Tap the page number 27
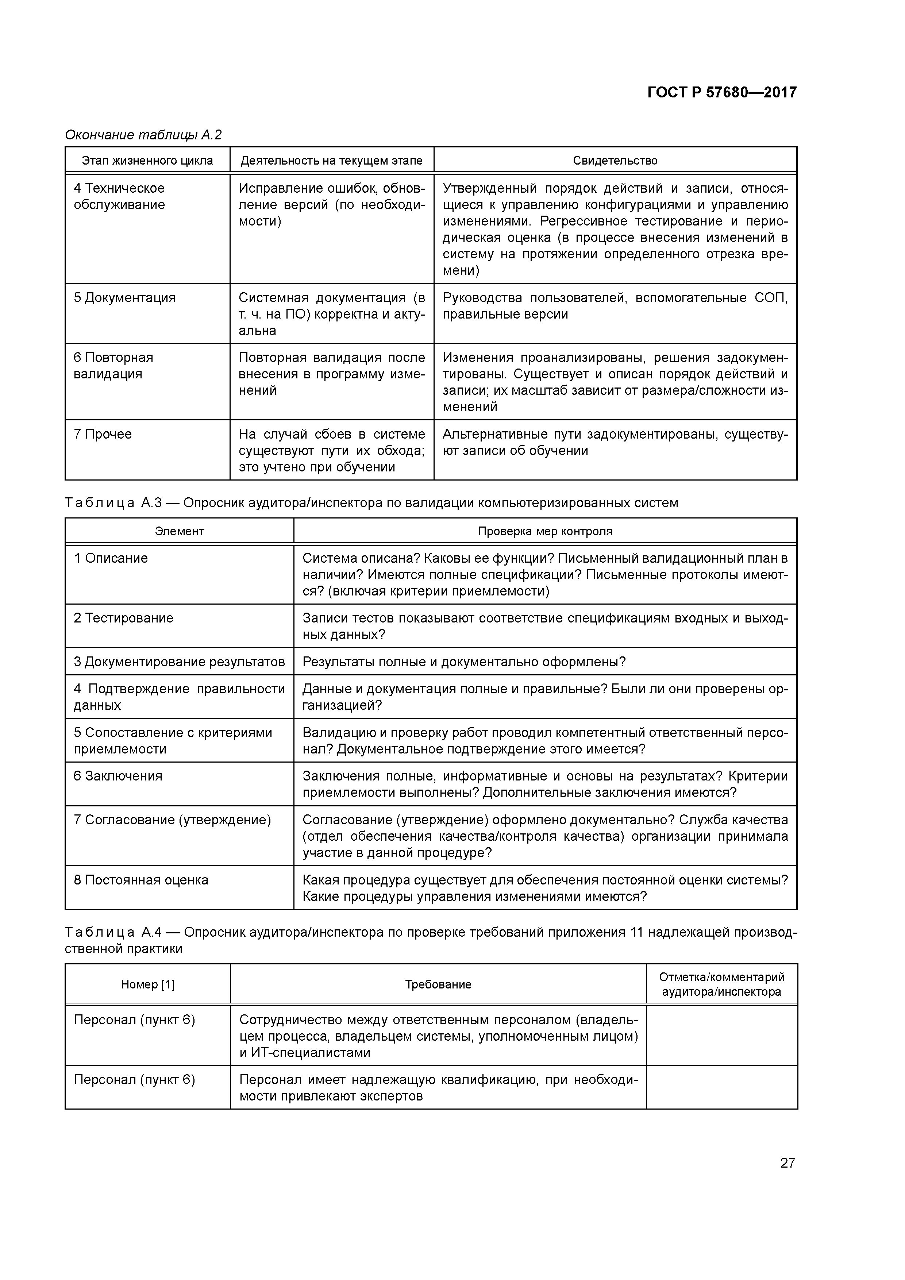(787, 1163)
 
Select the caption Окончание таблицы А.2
(143, 135)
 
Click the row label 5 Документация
(124, 298)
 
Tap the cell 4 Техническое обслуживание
(119, 196)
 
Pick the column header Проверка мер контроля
(545, 531)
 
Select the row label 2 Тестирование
(123, 618)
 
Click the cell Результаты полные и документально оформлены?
(464, 662)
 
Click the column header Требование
(438, 984)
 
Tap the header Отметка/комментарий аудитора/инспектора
(721, 984)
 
